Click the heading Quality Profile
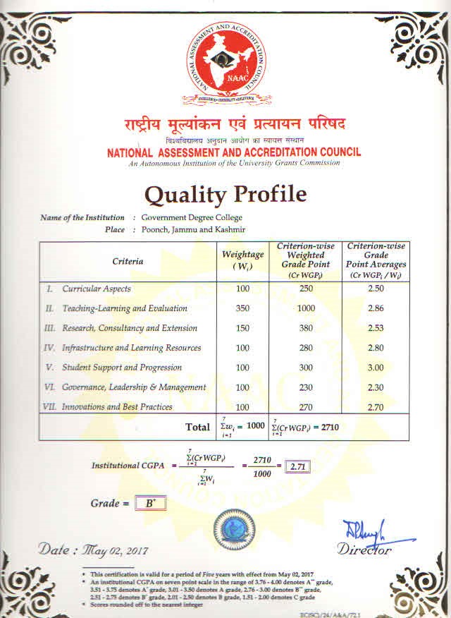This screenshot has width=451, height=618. tap(225, 193)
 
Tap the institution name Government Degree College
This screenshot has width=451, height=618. tap(192, 218)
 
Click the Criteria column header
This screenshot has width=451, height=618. tap(128, 261)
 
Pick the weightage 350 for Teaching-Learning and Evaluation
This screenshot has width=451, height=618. tap(243, 308)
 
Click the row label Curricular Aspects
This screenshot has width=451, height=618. tap(96, 289)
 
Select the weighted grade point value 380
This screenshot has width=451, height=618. tap(305, 328)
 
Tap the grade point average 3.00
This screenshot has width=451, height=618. tap(376, 368)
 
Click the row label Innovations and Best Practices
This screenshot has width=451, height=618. tap(117, 407)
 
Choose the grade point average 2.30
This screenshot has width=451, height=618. tap(376, 387)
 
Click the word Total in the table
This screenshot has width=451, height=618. tap(197, 427)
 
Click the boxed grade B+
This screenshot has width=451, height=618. tap(149, 504)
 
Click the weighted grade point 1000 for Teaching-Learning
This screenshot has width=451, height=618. tap(305, 308)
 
